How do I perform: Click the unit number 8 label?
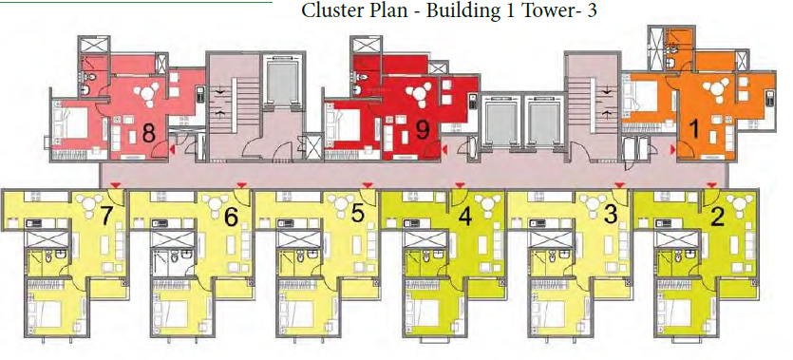click(x=148, y=132)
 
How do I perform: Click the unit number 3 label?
click(x=611, y=214)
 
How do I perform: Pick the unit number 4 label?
click(x=464, y=216)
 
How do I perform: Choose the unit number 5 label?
click(x=357, y=214)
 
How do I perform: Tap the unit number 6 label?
click(x=231, y=216)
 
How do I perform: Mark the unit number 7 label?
click(x=107, y=216)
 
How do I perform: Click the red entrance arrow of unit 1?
click(x=672, y=149)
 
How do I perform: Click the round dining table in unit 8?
click(x=150, y=92)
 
